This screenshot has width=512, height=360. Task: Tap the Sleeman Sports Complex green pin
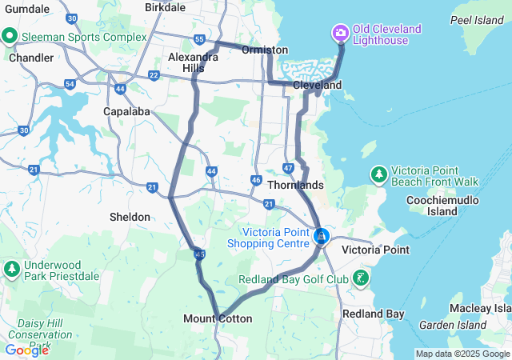pyautogui.click(x=10, y=36)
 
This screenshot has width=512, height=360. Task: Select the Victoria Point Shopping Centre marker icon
pyautogui.click(x=322, y=237)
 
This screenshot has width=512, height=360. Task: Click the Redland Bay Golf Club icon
pyautogui.click(x=362, y=278)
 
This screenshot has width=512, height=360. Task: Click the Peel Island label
pyautogui.click(x=477, y=20)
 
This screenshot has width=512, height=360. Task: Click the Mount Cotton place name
pyautogui.click(x=218, y=318)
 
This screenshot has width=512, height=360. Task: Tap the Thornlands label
pyautogui.click(x=296, y=185)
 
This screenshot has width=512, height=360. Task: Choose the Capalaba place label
pyautogui.click(x=126, y=111)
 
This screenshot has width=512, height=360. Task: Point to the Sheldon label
pyautogui.click(x=130, y=217)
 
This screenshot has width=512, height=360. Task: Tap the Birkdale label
pyautogui.click(x=165, y=6)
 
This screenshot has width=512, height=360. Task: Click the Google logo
pyautogui.click(x=26, y=350)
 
